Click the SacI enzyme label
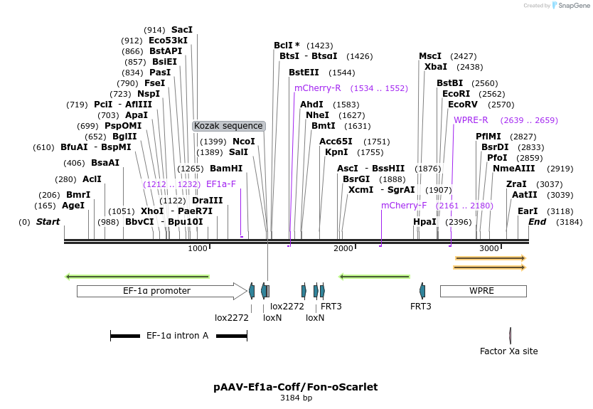(x=182, y=30)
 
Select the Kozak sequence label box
(x=229, y=126)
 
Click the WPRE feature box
(x=483, y=291)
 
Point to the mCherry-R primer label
(x=318, y=88)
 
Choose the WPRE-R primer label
(x=471, y=120)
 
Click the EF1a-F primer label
(x=220, y=184)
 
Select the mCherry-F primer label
(x=404, y=206)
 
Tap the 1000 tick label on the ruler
(x=198, y=248)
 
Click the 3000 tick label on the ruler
(x=489, y=248)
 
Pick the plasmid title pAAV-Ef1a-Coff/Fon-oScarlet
(x=296, y=387)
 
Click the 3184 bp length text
(x=296, y=398)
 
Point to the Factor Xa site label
(x=509, y=351)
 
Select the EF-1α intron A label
(x=177, y=335)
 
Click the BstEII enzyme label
(x=304, y=73)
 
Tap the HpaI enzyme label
(x=424, y=222)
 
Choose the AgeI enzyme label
(x=73, y=206)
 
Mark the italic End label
(x=537, y=222)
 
